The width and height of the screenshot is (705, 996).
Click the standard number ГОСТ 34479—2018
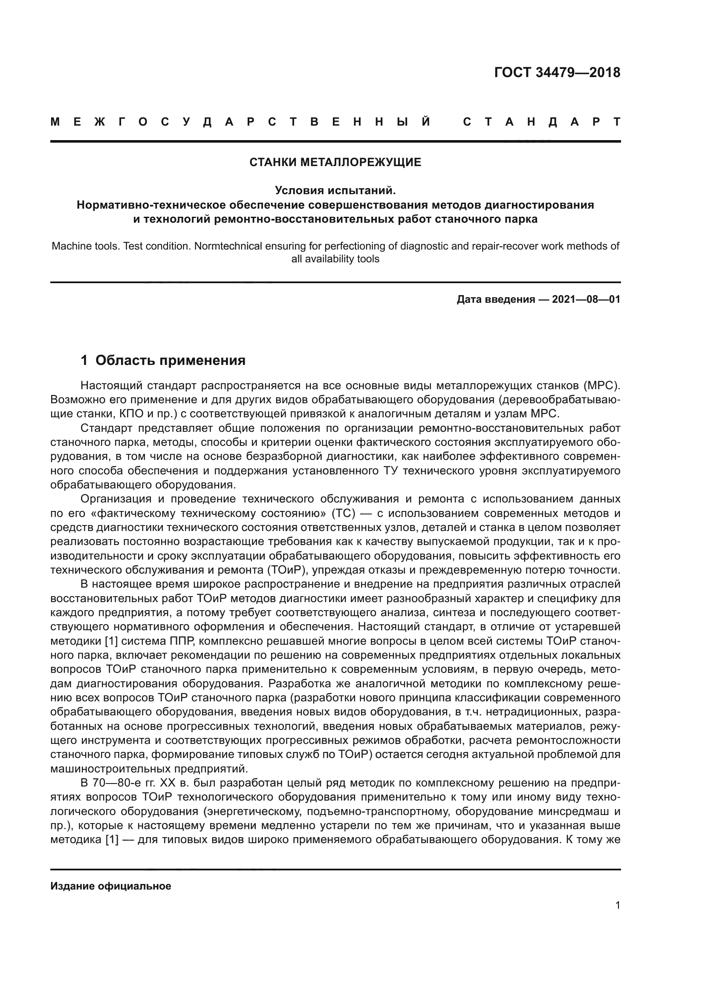557,72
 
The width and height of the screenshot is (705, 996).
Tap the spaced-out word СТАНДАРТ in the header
542,122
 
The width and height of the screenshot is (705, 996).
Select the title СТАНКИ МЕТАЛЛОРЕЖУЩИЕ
335,162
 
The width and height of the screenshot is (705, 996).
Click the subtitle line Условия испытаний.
335,190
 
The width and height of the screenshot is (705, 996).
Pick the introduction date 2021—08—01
586,299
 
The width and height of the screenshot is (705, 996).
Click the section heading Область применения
170,361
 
